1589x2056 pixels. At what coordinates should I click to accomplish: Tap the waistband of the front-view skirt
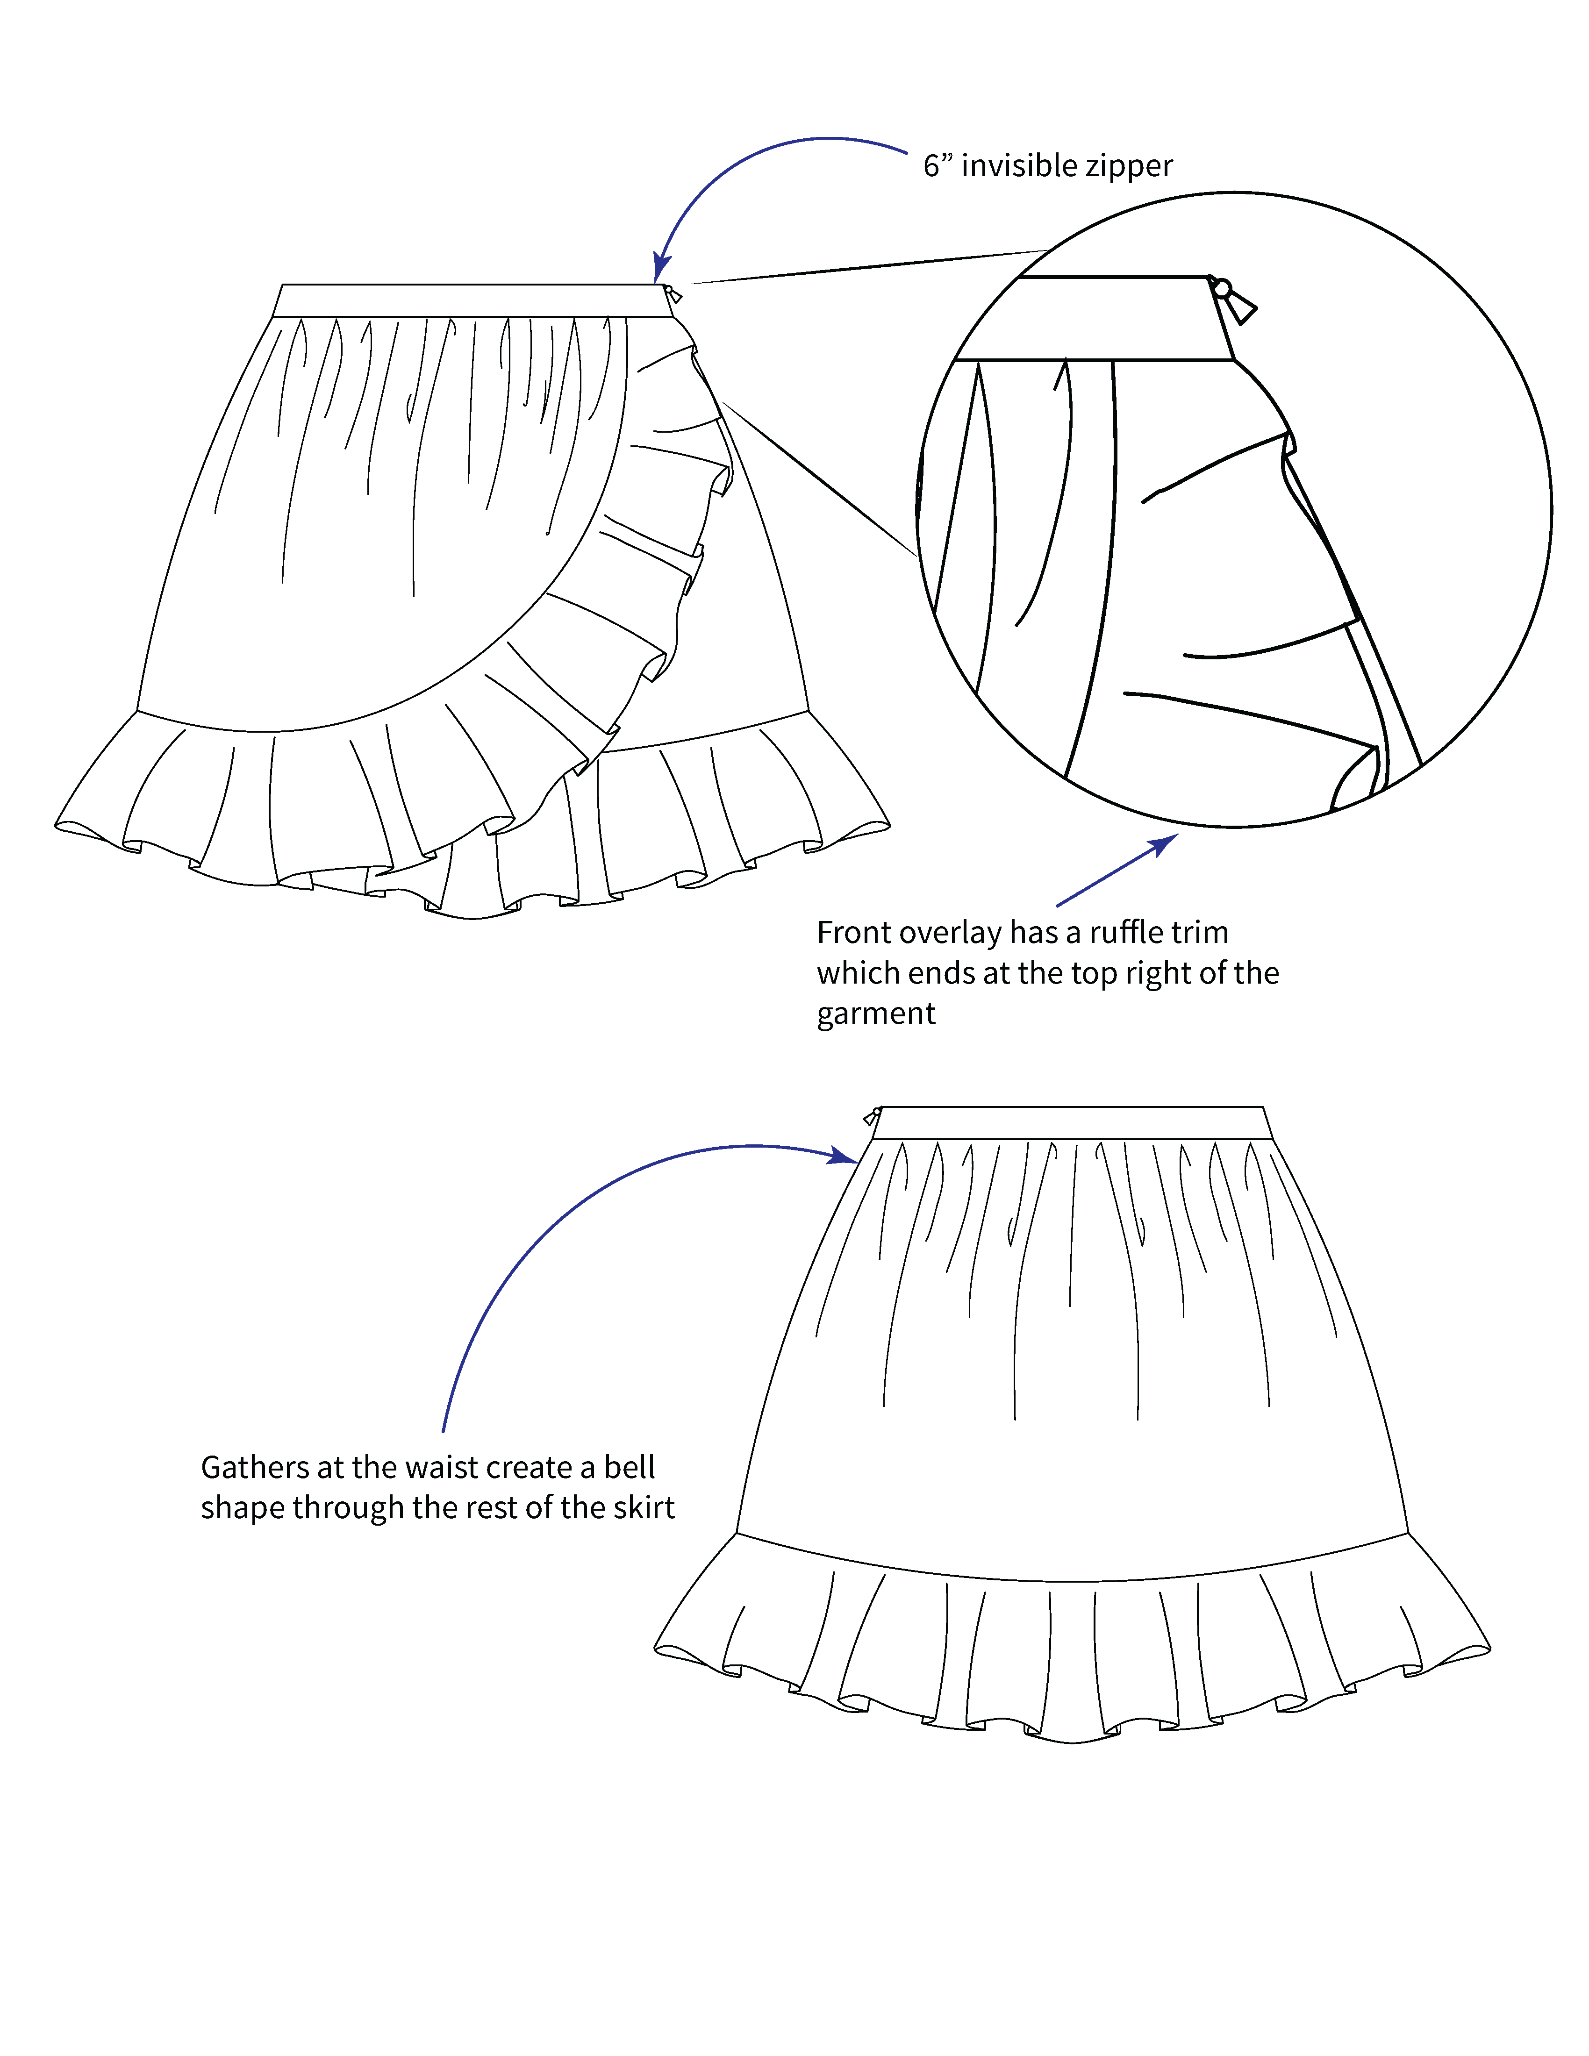click(x=468, y=300)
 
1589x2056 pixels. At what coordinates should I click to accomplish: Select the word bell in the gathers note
click(x=630, y=1468)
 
